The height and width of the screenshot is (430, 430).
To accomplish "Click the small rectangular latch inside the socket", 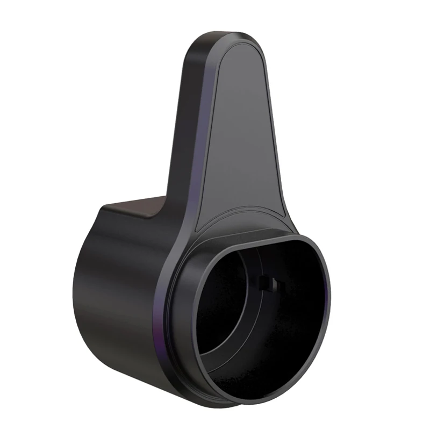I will pos(267,283).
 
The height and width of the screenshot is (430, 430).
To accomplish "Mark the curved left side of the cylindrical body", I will pos(86,290).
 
